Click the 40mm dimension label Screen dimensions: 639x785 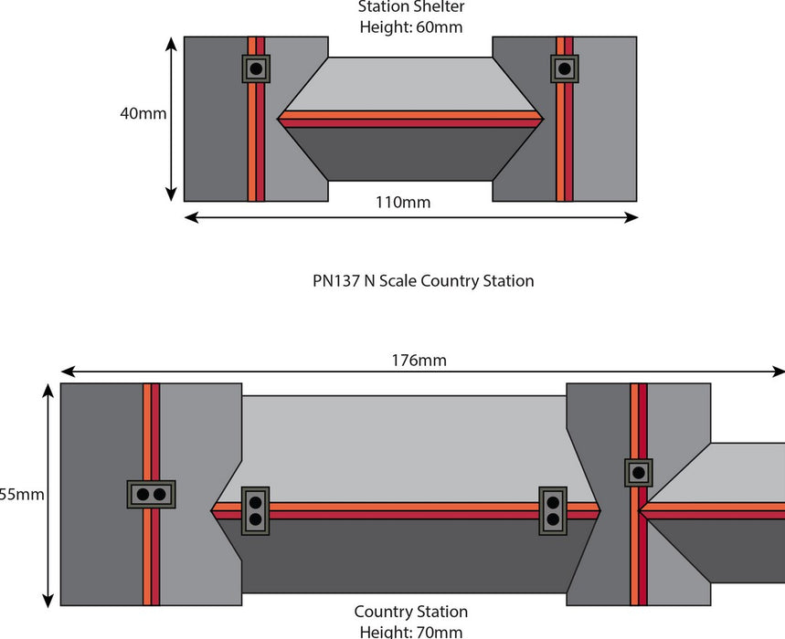(143, 114)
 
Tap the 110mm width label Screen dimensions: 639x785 (402, 202)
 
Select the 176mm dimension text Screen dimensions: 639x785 (419, 360)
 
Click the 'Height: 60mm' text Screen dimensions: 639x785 (410, 27)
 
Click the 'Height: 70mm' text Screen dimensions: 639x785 (410, 631)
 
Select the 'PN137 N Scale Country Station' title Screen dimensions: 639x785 (423, 280)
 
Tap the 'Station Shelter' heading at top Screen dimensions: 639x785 (410, 7)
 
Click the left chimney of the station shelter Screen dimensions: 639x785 (256, 68)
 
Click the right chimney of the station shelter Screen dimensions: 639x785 (565, 68)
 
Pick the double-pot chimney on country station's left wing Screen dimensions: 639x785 (151, 494)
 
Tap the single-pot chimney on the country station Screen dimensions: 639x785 (639, 473)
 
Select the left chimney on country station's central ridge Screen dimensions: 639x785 (255, 510)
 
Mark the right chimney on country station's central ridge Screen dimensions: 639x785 (552, 510)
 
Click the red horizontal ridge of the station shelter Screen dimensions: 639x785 (410, 119)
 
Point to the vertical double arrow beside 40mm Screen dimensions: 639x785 (171, 119)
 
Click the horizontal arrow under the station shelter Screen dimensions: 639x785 (410, 217)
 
